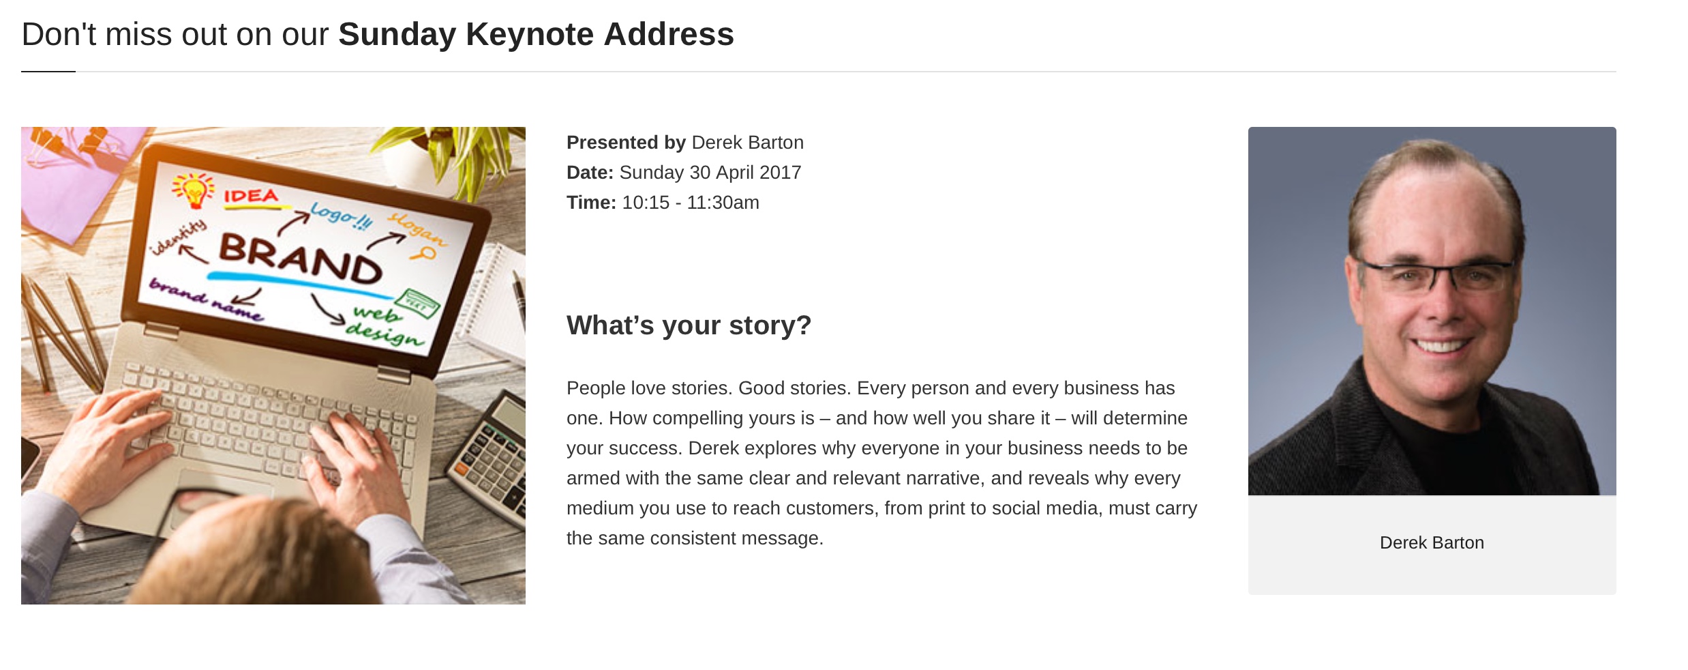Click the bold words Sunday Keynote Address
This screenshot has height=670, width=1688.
(x=536, y=34)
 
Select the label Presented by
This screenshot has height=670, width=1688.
(x=626, y=143)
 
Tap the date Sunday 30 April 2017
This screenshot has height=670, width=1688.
(x=710, y=173)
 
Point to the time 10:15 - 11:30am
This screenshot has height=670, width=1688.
(x=691, y=203)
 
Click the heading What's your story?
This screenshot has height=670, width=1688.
(x=689, y=325)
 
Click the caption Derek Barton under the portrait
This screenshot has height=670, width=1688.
(x=1432, y=542)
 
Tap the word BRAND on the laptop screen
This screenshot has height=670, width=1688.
(x=300, y=259)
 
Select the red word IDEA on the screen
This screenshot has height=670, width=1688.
(x=252, y=196)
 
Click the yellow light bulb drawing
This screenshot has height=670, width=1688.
(x=193, y=190)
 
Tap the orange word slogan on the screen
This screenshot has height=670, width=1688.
(x=417, y=229)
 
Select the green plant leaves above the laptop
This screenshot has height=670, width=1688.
(x=450, y=154)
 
